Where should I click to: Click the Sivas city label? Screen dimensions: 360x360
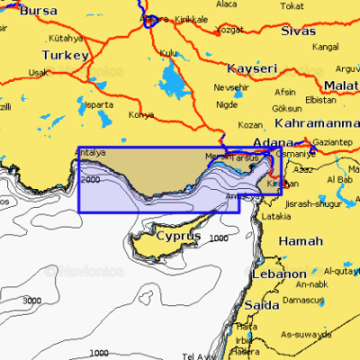coord(298,30)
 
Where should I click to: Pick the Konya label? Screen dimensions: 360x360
coord(141,115)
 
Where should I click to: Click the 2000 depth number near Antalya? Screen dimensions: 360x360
coord(90,180)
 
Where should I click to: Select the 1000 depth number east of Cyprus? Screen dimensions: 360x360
coord(218,238)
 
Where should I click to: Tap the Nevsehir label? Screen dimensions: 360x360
coord(230,87)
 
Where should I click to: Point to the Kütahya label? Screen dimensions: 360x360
coord(66,39)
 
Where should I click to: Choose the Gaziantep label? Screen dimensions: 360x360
coord(332,142)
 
